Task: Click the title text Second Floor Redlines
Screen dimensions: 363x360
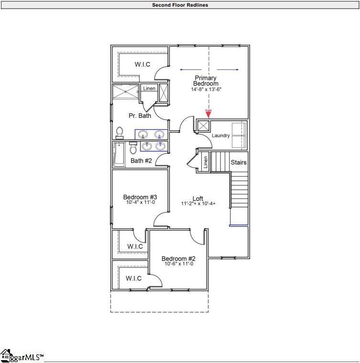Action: [x=180, y=5]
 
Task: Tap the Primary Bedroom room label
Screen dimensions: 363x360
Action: [x=205, y=81]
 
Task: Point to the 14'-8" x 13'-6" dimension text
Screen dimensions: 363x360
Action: [x=206, y=89]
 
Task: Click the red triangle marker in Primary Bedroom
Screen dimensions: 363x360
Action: [x=208, y=113]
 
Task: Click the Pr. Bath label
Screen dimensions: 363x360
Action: [x=140, y=116]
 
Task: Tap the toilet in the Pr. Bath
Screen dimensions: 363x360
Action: [x=120, y=132]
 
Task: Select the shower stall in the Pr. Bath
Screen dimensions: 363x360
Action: [x=125, y=92]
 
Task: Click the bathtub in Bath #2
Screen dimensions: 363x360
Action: [x=119, y=154]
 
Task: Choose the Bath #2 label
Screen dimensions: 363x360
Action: [x=141, y=161]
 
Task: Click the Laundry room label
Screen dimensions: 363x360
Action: [x=221, y=136]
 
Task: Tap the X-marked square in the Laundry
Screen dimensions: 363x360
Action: [x=203, y=126]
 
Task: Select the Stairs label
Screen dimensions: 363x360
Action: [x=239, y=162]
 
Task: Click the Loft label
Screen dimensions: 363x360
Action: [x=198, y=198]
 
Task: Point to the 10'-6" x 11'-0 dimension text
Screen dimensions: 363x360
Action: [x=178, y=264]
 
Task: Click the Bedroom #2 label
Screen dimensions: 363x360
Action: [x=178, y=258]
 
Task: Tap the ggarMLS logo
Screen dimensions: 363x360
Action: [x=22, y=356]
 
